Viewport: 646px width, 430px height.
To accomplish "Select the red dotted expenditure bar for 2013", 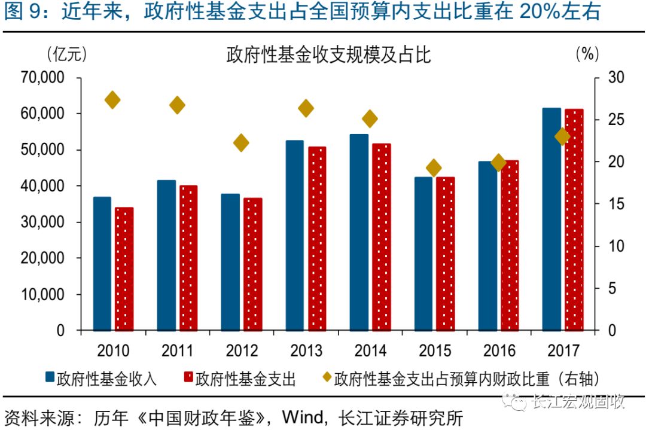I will click(x=318, y=239).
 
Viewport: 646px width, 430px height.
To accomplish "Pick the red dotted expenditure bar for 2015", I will click(x=446, y=254).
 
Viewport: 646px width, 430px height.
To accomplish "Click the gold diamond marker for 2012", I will click(x=241, y=143).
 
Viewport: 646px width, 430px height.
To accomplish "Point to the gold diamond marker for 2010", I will click(x=112, y=100).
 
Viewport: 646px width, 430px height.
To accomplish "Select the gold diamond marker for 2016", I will click(x=498, y=162).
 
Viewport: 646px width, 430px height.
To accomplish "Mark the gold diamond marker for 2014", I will click(x=370, y=119).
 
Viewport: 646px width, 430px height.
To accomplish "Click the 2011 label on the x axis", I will click(x=177, y=351).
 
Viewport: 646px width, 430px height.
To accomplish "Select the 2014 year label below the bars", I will click(x=370, y=351).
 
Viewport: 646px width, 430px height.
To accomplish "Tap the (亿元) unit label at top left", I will click(x=66, y=54).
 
